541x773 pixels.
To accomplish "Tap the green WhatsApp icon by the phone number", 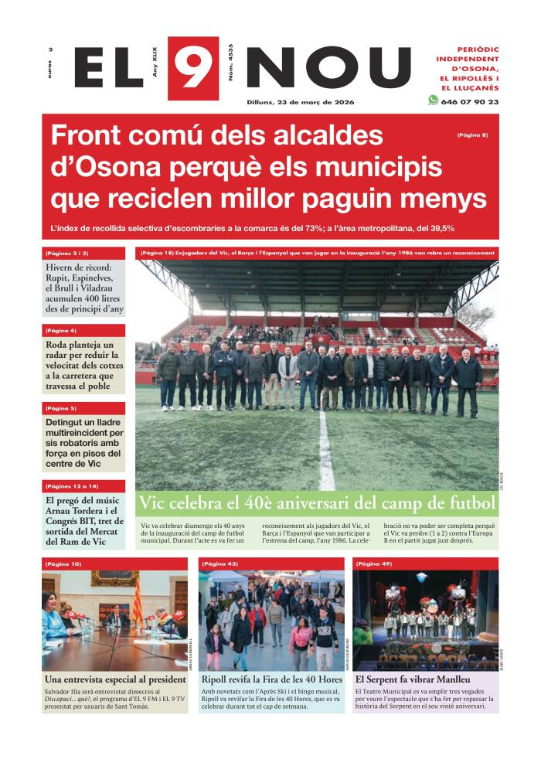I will [433, 100].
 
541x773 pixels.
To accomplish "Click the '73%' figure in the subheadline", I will [318, 228].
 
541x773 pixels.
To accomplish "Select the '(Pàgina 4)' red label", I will [61, 331].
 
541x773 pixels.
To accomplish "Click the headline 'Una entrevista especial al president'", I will [115, 679].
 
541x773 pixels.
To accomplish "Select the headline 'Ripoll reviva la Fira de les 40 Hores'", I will [270, 679].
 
